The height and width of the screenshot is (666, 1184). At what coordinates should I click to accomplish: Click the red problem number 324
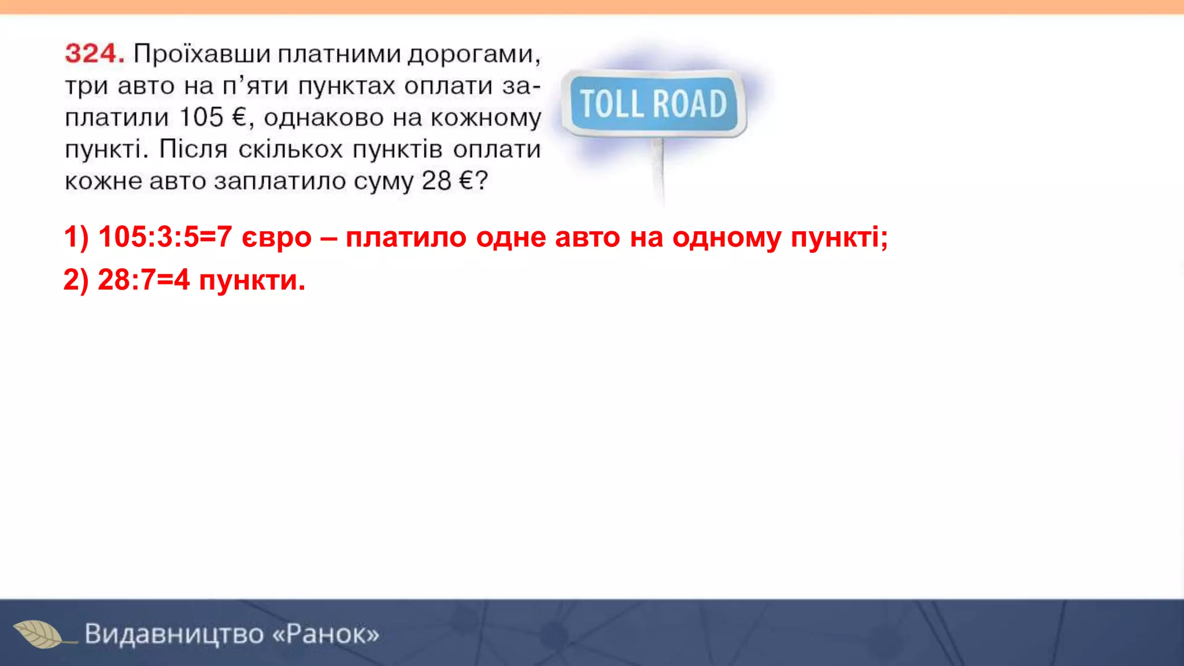(x=94, y=54)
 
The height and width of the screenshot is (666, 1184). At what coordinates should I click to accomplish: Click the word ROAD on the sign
(x=691, y=104)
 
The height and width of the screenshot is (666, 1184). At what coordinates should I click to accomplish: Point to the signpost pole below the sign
(x=658, y=171)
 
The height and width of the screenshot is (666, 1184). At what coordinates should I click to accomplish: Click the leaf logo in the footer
(x=38, y=634)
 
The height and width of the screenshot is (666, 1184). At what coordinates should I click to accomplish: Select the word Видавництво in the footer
(x=174, y=634)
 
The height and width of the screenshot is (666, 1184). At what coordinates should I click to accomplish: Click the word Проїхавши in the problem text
(x=202, y=54)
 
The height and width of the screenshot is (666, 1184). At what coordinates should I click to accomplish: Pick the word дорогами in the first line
(x=474, y=54)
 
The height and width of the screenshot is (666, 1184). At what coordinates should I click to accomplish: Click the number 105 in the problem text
(x=201, y=117)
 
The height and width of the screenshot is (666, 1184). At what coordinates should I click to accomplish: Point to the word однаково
(x=324, y=117)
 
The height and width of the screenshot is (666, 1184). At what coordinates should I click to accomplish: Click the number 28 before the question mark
(x=436, y=181)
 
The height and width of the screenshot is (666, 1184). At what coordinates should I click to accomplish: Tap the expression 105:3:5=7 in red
(x=165, y=237)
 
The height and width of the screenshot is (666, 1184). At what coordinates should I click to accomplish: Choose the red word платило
(x=406, y=237)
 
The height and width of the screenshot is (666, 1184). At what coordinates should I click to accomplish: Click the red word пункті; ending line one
(x=839, y=237)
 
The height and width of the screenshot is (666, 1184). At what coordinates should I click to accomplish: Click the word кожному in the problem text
(x=486, y=117)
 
